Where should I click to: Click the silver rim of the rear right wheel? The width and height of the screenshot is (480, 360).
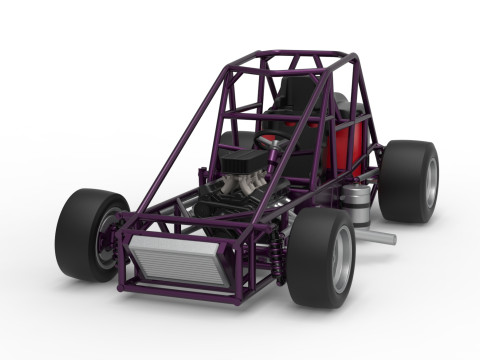[x=430, y=182]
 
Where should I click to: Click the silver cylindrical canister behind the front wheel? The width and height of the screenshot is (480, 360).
[x=357, y=206]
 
